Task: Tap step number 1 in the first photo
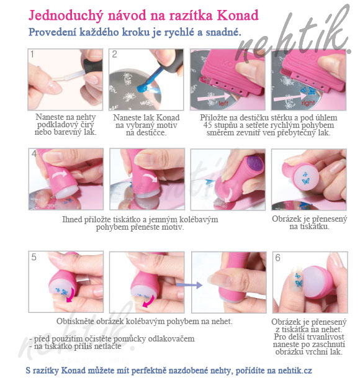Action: (34, 55)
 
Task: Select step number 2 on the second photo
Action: (115, 55)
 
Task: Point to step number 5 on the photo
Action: (34, 257)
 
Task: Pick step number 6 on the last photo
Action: (279, 257)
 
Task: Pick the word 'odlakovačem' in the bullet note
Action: (168, 338)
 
